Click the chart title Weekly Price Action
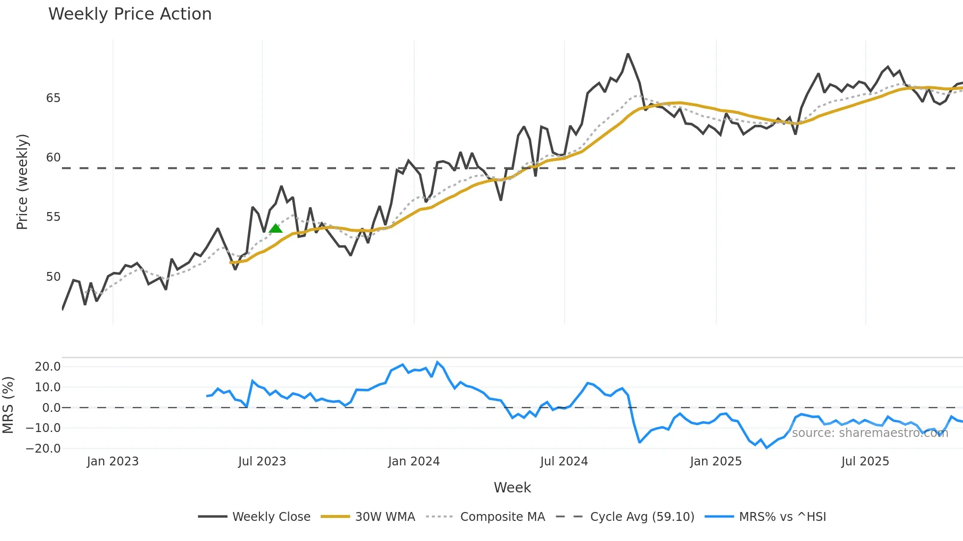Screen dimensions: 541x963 click(x=130, y=14)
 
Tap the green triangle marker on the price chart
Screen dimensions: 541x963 click(x=276, y=228)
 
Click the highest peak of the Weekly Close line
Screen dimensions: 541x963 click(x=628, y=54)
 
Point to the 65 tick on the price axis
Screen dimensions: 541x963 click(x=53, y=98)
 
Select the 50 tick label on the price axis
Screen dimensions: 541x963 click(x=53, y=277)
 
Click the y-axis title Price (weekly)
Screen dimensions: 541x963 click(x=22, y=182)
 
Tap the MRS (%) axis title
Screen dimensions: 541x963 click(x=8, y=405)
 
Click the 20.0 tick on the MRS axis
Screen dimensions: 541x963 click(x=48, y=367)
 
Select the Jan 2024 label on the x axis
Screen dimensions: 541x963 click(x=414, y=461)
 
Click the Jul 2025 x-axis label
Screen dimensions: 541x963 click(x=865, y=461)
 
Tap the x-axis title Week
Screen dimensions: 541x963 click(x=512, y=487)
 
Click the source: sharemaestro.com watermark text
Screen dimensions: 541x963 click(x=870, y=433)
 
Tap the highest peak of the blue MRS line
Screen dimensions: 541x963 click(x=437, y=362)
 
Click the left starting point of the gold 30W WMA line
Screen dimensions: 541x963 click(x=230, y=263)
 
